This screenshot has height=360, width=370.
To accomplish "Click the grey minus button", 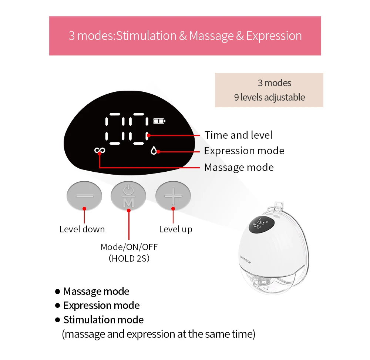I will (x=84, y=195).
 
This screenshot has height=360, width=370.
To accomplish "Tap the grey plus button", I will (x=173, y=195).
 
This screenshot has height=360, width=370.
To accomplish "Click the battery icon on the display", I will (x=160, y=121).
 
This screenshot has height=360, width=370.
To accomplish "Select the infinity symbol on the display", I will (x=100, y=150).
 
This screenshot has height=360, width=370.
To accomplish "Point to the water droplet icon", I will (x=154, y=151).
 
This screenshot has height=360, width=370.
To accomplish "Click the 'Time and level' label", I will (x=239, y=135).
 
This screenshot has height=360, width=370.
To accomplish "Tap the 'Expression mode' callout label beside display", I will (x=244, y=151).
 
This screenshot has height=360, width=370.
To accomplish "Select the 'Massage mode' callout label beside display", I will (x=239, y=167).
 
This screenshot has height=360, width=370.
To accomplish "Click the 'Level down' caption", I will (x=82, y=229).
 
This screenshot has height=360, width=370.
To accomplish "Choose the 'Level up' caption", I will (x=176, y=229).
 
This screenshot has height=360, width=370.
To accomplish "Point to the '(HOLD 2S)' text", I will (x=129, y=258).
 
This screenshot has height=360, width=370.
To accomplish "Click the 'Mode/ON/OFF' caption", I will (x=129, y=247).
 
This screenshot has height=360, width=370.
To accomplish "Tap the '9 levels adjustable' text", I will (x=269, y=97).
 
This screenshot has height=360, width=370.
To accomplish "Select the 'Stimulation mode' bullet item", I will (x=103, y=320).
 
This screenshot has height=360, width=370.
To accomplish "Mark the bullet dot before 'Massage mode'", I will (x=57, y=292).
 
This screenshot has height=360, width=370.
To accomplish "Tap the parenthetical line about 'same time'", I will (x=158, y=334).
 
